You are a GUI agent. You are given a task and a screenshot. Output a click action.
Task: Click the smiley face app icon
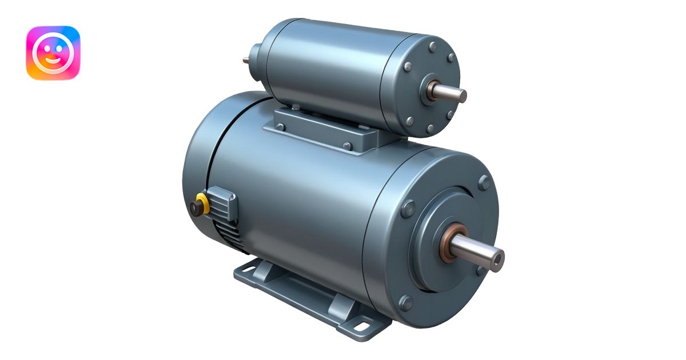(x=53, y=53)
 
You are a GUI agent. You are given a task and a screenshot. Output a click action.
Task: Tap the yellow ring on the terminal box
(x=200, y=199)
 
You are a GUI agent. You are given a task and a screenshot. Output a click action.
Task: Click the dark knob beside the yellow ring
(x=195, y=208)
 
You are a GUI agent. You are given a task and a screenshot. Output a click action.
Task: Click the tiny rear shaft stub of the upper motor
(x=246, y=59)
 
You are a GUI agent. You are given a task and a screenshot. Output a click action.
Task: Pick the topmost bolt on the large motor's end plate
(x=484, y=182)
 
